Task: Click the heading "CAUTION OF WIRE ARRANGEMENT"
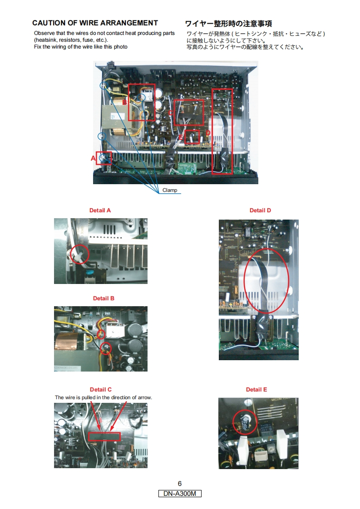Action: point(95,23)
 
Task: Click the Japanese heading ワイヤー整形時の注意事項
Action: point(228,24)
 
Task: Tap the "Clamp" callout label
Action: point(170,190)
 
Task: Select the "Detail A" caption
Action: point(100,210)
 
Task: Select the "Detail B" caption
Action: point(104,299)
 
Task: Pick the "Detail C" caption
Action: point(101,390)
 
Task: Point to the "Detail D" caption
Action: point(260,210)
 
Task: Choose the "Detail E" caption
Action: point(256,390)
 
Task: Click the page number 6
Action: point(180,484)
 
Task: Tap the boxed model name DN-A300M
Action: point(180,494)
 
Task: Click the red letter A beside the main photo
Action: point(93,158)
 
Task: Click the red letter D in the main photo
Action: point(208,133)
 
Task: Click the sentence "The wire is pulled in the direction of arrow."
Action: point(104,397)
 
